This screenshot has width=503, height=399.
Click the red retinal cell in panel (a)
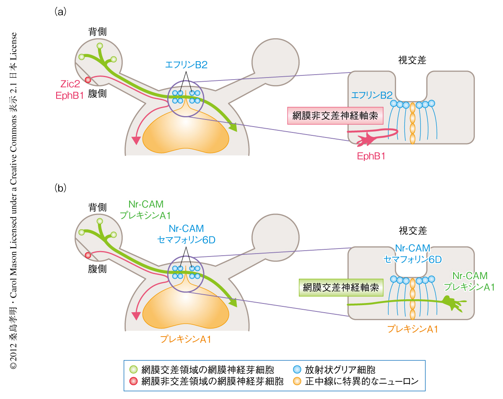click(88, 80)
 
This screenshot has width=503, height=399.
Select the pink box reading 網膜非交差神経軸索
click(335, 116)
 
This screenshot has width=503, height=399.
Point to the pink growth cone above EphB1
click(365, 140)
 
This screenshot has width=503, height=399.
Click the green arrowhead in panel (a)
click(233, 127)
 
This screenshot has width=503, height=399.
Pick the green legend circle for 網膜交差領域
click(134, 370)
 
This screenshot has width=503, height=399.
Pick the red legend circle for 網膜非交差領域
click(134, 381)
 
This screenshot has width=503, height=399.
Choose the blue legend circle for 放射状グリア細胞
click(297, 370)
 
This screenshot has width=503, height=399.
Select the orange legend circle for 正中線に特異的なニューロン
click(297, 381)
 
